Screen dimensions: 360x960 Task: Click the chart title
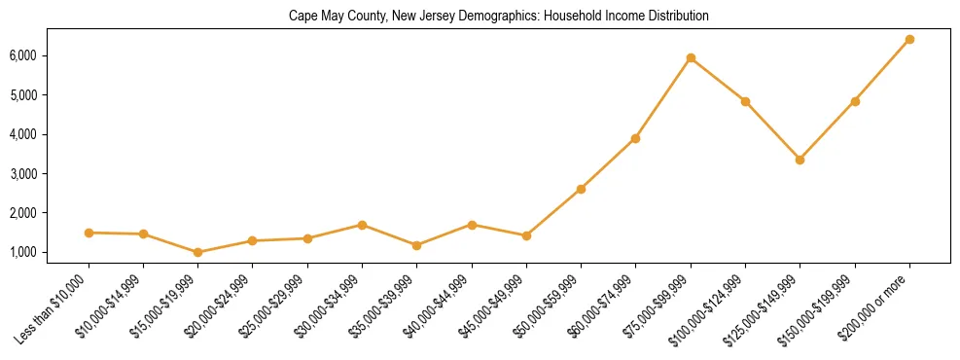click(498, 17)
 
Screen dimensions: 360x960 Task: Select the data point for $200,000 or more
click(909, 40)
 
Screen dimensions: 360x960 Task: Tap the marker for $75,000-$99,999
click(691, 58)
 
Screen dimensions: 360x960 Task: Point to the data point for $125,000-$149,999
click(800, 160)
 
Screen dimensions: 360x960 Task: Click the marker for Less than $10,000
click(89, 233)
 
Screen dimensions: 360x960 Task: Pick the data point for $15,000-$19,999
click(198, 252)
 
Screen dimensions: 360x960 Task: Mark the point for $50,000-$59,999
click(581, 189)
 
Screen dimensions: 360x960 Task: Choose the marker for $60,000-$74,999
click(635, 138)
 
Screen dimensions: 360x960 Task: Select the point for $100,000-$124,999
click(745, 101)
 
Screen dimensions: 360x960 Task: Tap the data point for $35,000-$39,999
click(416, 245)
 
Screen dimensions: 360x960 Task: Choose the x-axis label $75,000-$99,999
click(658, 304)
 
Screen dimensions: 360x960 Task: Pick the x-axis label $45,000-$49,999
click(493, 304)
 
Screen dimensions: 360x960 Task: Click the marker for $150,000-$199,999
click(855, 101)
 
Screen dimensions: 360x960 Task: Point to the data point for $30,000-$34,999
click(362, 225)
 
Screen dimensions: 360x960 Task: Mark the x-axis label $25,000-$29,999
click(274, 304)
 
